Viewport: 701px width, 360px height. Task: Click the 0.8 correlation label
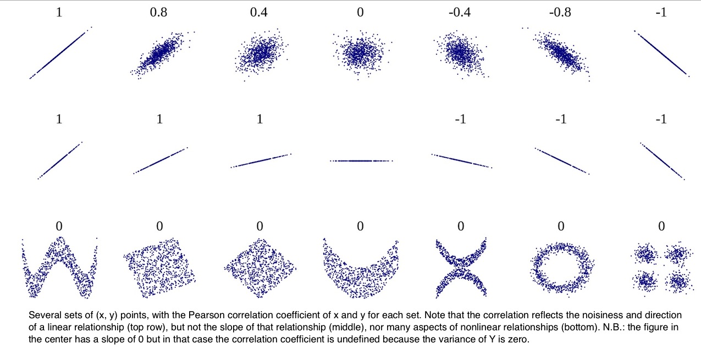pos(159,13)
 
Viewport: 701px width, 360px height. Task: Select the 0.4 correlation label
pos(260,13)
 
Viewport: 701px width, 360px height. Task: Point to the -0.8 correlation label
pos(560,13)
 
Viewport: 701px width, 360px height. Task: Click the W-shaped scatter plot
pos(59,268)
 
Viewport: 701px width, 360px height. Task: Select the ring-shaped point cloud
pos(560,267)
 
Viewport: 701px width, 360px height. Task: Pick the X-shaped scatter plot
pos(461,268)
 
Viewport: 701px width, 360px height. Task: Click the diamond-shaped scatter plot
pos(260,268)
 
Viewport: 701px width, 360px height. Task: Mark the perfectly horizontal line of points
pos(360,160)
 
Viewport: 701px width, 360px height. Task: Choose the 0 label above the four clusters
pos(661,226)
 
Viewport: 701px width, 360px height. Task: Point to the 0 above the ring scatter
pos(561,226)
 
